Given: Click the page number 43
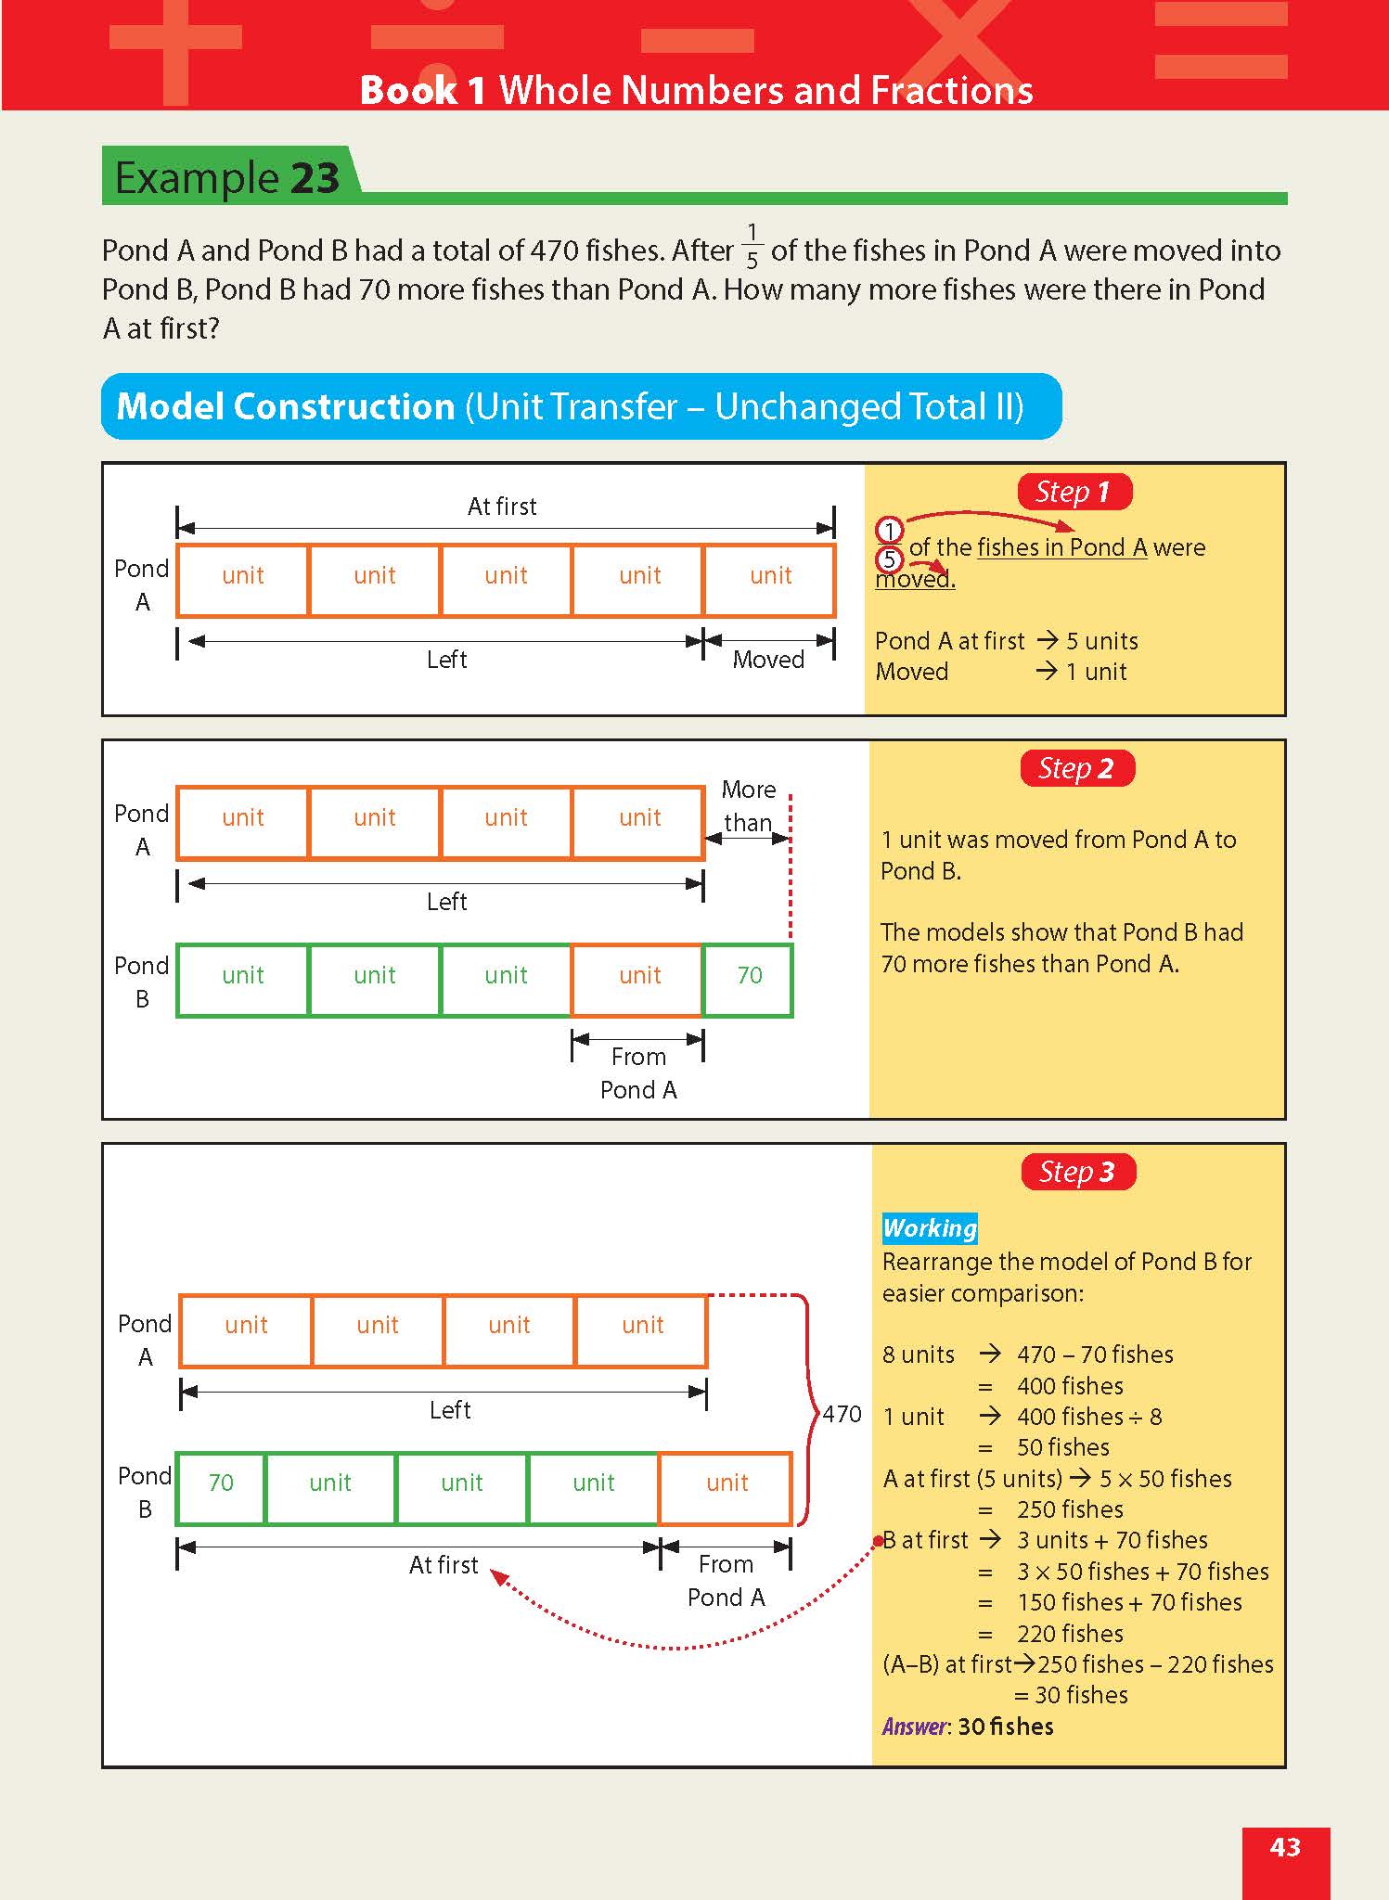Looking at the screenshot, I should point(1285,1847).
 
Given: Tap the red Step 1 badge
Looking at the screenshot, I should point(1074,492).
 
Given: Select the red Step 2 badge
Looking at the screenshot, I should point(1076,768).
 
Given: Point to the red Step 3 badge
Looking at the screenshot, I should point(1077,1172).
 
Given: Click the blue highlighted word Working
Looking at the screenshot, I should point(930,1228).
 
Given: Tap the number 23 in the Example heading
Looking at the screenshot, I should point(315,177).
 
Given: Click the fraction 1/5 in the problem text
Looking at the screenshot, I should point(752,246).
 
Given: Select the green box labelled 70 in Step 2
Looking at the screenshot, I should point(749,976).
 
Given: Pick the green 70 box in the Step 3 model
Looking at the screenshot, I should point(221,1483).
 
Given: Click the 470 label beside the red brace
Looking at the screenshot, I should point(842,1414).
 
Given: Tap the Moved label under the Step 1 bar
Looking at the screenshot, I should point(768,660).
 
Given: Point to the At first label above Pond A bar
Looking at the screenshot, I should point(502,507).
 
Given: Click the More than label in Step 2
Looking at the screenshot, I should point(748,805).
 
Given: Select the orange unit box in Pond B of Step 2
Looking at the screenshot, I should point(639,976).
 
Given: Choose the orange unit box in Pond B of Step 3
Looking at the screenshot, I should point(727,1483).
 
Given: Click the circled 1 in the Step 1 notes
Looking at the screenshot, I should point(889,531).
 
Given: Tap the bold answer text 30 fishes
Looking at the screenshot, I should point(1006,1727).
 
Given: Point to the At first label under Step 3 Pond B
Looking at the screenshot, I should point(444,1565).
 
